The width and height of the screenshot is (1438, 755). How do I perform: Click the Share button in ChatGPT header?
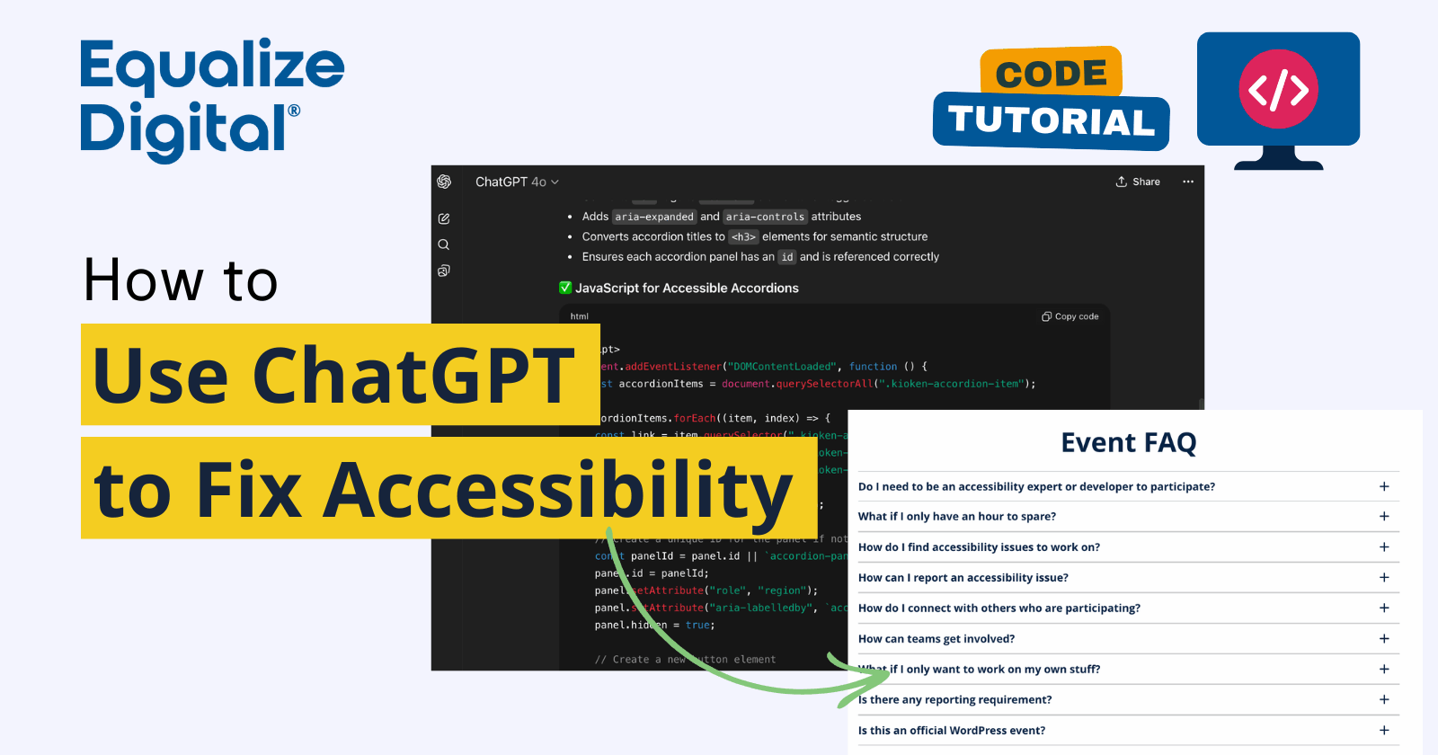(x=1138, y=182)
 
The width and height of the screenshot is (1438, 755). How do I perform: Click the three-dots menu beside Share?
(x=1188, y=182)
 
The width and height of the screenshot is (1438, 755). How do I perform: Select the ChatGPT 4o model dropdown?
(x=517, y=182)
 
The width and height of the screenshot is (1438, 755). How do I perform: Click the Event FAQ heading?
(x=1128, y=442)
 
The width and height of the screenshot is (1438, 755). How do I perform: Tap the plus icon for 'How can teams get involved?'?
(x=1384, y=638)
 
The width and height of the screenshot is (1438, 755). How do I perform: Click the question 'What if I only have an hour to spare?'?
(x=956, y=516)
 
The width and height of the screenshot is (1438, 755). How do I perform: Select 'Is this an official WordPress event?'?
(x=951, y=730)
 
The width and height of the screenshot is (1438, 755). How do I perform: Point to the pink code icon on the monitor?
(x=1278, y=89)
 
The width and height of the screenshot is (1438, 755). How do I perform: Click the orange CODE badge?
(x=1051, y=73)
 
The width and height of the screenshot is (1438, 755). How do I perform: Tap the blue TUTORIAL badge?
(x=1051, y=121)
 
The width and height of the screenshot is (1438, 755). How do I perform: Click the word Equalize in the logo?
(x=212, y=67)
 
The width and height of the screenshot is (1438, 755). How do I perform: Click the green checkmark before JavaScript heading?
(x=565, y=288)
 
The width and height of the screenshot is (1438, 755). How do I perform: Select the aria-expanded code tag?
(x=654, y=217)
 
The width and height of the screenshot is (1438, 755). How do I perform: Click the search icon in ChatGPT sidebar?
(x=444, y=244)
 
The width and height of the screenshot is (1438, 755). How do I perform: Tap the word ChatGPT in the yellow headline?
(x=413, y=375)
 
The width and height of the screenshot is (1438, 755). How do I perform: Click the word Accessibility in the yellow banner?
(x=557, y=490)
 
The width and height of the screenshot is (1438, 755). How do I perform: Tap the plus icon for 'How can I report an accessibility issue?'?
(x=1384, y=577)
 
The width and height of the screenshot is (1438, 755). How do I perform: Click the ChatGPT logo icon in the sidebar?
(x=444, y=182)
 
